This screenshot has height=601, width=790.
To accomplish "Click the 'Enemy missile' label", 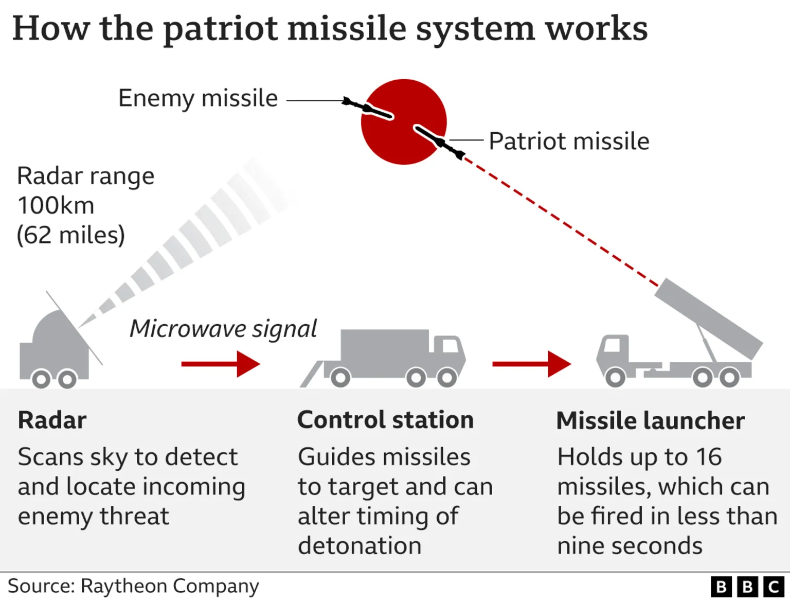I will pyautogui.click(x=198, y=98).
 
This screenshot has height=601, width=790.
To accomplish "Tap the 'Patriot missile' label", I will pyautogui.click(x=569, y=141).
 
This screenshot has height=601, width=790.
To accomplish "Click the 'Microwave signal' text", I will pyautogui.click(x=223, y=329).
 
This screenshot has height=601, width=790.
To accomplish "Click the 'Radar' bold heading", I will pyautogui.click(x=52, y=420).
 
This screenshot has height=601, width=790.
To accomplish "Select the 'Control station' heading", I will pyautogui.click(x=385, y=420).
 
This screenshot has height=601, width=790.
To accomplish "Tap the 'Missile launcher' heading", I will pyautogui.click(x=650, y=420).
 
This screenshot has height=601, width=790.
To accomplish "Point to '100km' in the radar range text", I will pyautogui.click(x=56, y=205).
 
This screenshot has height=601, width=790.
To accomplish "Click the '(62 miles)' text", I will pyautogui.click(x=70, y=235).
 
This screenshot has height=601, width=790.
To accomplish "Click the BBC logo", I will pyautogui.click(x=747, y=587).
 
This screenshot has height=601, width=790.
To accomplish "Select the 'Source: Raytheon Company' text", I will pyautogui.click(x=133, y=586).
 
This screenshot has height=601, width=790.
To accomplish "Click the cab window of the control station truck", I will pyautogui.click(x=450, y=345).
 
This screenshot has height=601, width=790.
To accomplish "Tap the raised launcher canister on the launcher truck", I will pyautogui.click(x=708, y=318).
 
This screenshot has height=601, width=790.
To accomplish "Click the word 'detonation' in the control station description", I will pyautogui.click(x=360, y=546).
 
